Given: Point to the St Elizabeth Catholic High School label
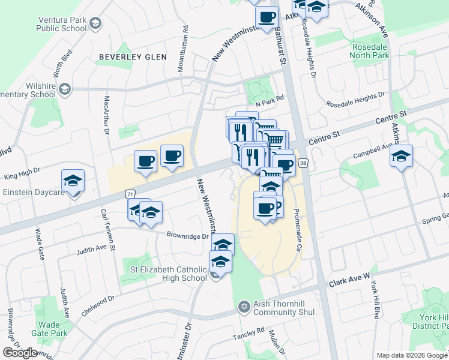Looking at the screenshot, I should pos(169,274).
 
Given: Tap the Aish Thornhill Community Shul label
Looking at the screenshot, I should pos(284,307).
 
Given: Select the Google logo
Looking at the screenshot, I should pos(20,353).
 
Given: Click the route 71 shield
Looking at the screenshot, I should pos(130,194).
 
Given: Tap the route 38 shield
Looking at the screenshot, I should pos(303,163).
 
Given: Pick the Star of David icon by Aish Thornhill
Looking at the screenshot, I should pos(243,307).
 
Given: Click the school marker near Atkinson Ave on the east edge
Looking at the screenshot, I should pos(401,157).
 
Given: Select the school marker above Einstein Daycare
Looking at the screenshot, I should pos(73,180).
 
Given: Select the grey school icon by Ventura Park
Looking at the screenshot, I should pos(95,23).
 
